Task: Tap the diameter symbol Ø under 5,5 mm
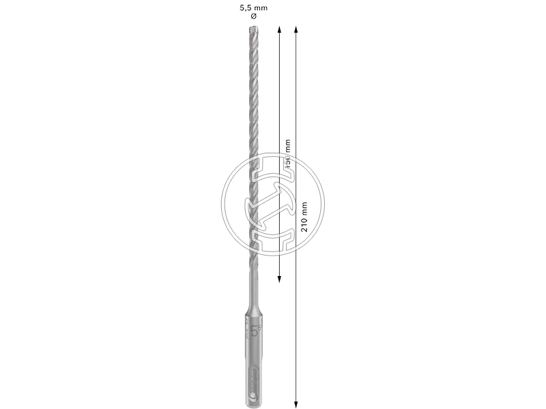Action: tap(254, 16)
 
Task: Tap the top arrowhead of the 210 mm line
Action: tap(295, 29)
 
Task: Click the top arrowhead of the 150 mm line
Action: tap(279, 29)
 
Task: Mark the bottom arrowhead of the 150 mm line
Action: tap(279, 279)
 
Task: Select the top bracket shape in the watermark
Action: tap(272, 175)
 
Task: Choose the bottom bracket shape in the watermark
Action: tap(274, 238)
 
